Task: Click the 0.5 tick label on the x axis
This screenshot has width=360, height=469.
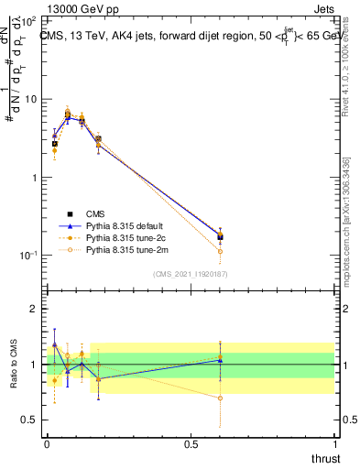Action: tap(190, 444)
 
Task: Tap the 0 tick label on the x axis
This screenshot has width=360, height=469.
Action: tap(47, 444)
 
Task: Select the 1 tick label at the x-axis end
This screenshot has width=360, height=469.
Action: tap(334, 444)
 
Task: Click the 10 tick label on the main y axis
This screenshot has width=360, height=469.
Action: tap(33, 98)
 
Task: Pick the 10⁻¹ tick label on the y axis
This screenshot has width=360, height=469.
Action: tap(31, 256)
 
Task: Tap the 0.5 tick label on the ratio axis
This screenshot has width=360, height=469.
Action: tap(33, 420)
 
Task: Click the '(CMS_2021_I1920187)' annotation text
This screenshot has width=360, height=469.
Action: tap(191, 273)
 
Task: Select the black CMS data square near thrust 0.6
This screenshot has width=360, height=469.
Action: tap(220, 236)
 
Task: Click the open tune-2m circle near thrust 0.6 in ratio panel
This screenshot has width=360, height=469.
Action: tap(220, 398)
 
